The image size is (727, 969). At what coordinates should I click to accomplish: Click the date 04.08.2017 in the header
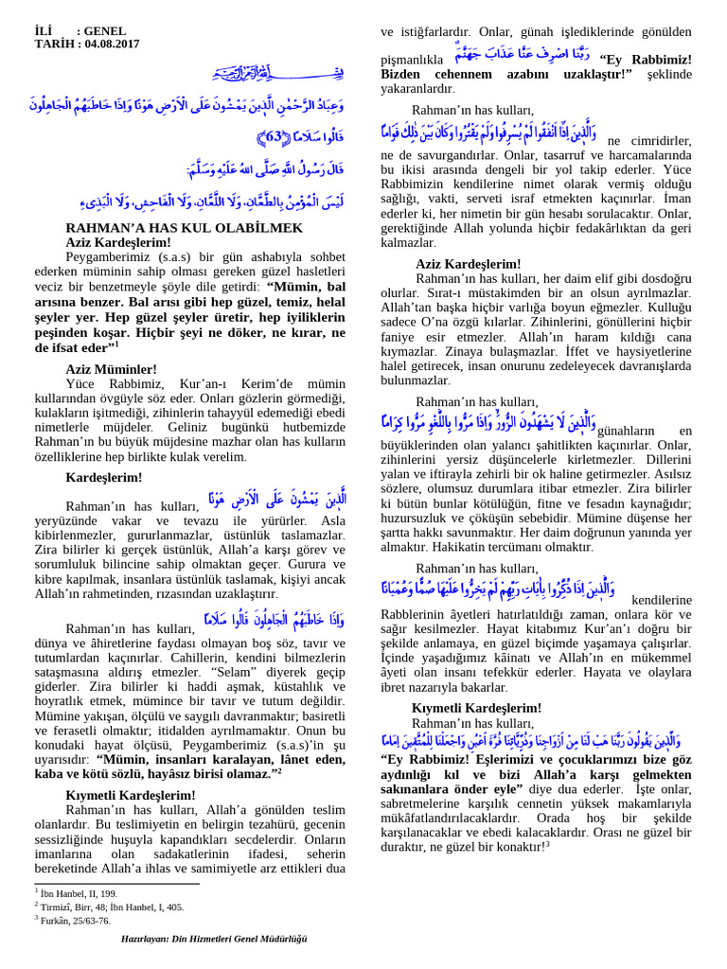[113, 44]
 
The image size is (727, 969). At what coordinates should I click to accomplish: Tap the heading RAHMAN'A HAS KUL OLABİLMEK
[184, 228]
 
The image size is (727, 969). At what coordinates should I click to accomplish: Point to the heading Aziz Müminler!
[111, 368]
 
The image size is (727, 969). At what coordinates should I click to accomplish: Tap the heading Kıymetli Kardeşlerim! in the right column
[476, 708]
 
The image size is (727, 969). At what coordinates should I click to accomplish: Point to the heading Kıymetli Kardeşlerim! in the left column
[131, 795]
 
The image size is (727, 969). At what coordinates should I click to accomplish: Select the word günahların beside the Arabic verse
[625, 432]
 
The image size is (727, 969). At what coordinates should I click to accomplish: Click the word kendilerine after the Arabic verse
[662, 600]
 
